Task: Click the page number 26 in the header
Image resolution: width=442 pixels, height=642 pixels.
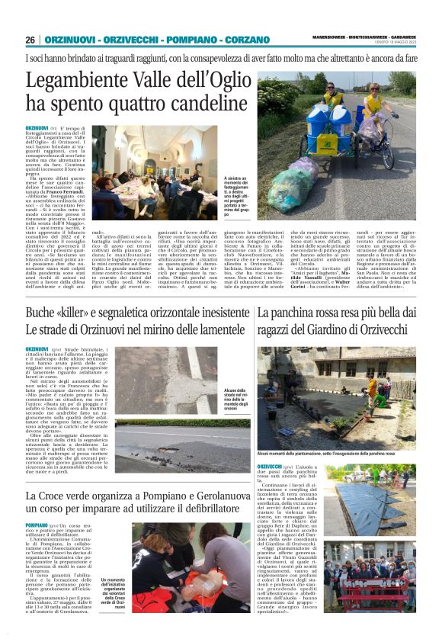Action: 30,40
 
